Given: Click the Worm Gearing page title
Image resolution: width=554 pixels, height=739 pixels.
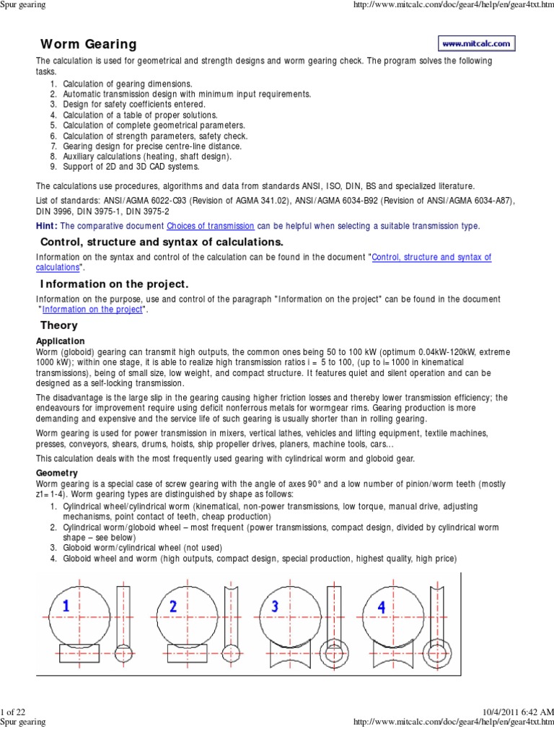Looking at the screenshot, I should coord(88,45).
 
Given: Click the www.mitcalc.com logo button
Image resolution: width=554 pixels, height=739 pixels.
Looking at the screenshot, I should coord(476,43).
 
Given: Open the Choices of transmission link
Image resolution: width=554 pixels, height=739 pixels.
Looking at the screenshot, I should coord(210,226).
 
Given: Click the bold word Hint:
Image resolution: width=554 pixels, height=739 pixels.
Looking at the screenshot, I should coord(48,226).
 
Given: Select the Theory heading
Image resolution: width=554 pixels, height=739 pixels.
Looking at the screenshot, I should coord(59,325).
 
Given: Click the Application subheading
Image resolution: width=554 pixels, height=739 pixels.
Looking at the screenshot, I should coord(61,341).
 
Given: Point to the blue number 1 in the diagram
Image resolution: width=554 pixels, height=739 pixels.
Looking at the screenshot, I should coord(66,608).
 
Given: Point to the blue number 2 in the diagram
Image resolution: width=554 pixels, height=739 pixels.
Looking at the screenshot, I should coord(173,607).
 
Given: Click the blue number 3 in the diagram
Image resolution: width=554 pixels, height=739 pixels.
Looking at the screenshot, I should coord(276,607).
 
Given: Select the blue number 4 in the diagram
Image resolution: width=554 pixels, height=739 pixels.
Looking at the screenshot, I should coord(382,607).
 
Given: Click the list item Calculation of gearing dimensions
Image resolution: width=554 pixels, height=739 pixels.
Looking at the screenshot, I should coord(128,84).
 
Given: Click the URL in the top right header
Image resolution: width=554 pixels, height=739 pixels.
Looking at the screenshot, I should coord(451,5).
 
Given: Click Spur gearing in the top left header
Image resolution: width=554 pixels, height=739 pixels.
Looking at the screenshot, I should coord(23,5).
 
